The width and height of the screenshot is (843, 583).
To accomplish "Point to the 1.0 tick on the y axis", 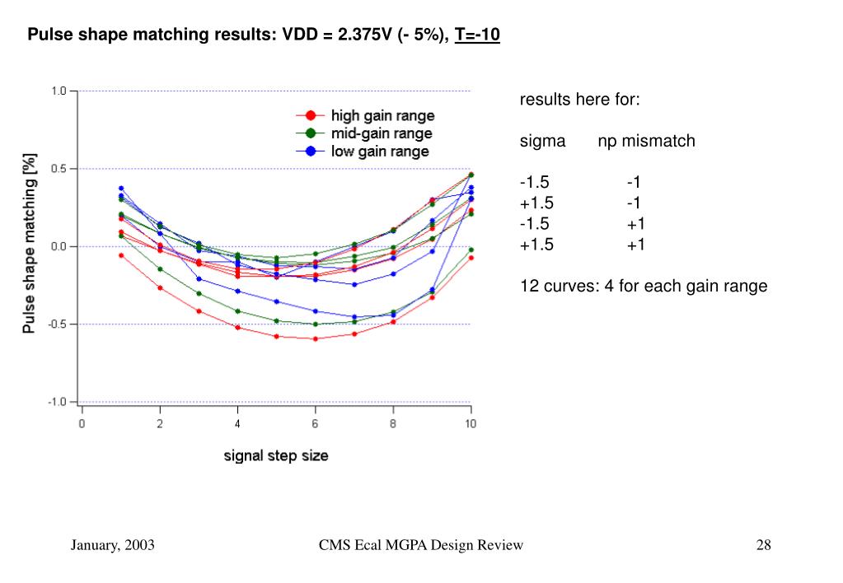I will coord(59,91).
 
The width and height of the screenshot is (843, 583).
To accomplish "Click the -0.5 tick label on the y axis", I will coord(57,324).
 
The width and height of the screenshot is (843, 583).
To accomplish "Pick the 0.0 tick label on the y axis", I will coord(59,246).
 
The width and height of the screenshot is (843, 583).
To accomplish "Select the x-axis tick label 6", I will coord(315,423).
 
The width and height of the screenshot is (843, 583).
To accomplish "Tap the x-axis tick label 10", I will coord(470,423).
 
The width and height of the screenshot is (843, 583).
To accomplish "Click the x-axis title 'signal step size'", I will coord(276,455).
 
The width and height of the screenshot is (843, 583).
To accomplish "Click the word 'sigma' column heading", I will coord(542,141).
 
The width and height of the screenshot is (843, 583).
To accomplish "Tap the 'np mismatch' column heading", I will coord(646,141).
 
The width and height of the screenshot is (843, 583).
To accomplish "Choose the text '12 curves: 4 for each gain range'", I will coord(643,286).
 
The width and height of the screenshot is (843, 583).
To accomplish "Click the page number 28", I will coord(763,545).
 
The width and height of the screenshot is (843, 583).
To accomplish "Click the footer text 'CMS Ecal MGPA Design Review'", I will coord(420,545).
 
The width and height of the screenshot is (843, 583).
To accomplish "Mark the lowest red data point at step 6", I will coord(315,338).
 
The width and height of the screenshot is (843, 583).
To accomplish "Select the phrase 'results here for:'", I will coord(579,100).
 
